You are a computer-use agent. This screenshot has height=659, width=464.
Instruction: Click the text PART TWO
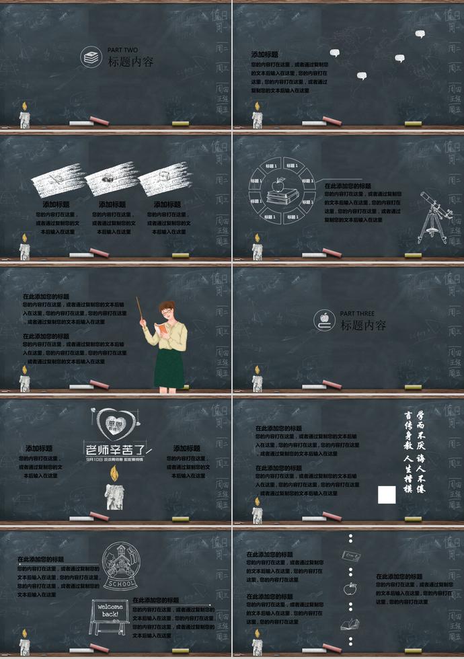[122, 50]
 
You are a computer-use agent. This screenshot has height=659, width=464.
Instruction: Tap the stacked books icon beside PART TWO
[89, 57]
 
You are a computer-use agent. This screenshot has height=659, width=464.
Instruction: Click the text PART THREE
[356, 313]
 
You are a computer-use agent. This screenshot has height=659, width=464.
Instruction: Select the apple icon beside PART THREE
[325, 319]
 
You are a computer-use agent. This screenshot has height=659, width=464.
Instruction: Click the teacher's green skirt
[169, 366]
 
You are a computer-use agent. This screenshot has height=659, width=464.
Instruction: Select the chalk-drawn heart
[111, 424]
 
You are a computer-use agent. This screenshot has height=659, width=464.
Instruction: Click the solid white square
[386, 494]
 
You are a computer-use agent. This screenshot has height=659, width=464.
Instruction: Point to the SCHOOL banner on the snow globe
[121, 583]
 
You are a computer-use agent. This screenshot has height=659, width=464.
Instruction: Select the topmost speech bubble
[420, 34]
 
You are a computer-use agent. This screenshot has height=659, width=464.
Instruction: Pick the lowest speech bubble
[361, 76]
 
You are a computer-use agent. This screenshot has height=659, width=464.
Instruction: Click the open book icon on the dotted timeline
[350, 625]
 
